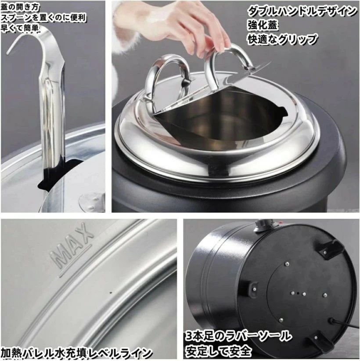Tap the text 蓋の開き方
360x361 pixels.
tap(21, 7)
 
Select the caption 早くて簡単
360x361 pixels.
tap(20, 28)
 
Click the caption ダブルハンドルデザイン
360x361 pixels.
tap(302, 11)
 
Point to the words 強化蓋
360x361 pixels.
tap(263, 25)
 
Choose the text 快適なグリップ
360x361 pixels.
tap(282, 39)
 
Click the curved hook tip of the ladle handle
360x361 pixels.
tap(9, 52)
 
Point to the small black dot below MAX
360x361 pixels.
tap(111, 293)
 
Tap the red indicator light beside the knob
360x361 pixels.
tap(281, 222)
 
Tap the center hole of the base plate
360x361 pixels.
tap(298, 293)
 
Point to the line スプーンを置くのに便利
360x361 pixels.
tap(44, 18)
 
